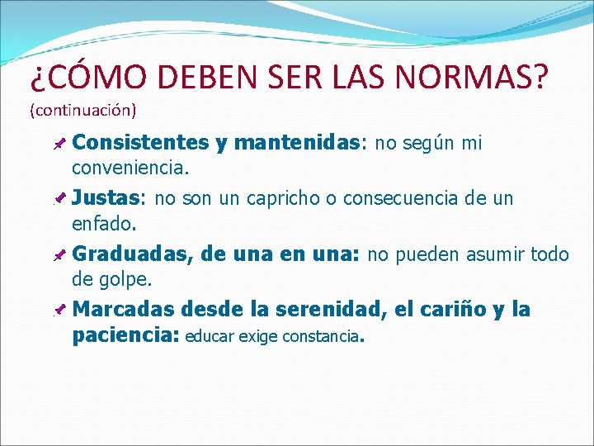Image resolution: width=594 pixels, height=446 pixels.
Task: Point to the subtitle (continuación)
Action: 83,109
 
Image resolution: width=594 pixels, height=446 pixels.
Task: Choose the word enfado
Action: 105,223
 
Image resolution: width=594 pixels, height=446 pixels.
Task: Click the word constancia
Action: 321,336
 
